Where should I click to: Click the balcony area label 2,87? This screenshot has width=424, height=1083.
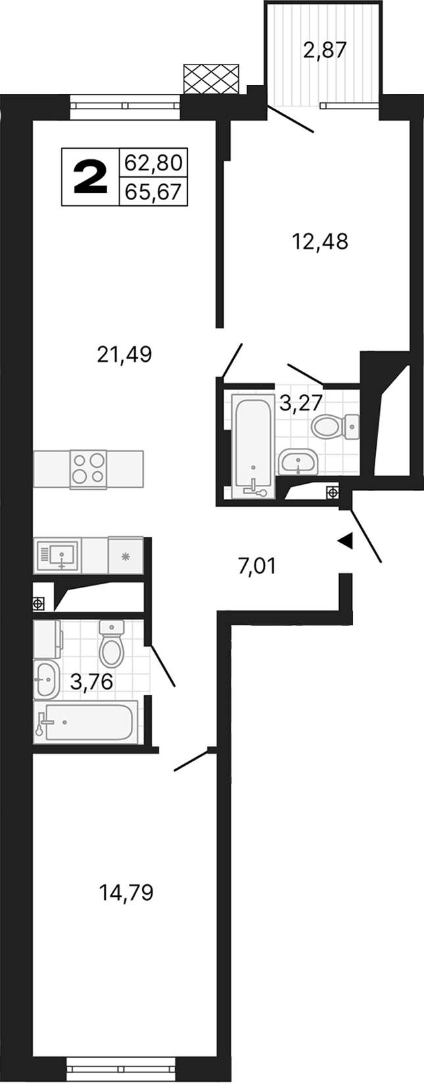point(324,50)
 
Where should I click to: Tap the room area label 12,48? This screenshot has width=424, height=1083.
point(319,242)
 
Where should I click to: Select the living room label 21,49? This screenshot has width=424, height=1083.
point(124,355)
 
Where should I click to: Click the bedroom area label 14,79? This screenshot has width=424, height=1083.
point(126,893)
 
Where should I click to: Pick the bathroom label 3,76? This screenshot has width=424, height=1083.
point(91,682)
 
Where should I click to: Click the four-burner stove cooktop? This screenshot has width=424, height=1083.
point(89,468)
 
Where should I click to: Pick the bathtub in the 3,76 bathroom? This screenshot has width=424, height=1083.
point(86,722)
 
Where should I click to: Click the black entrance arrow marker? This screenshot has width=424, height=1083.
point(345,541)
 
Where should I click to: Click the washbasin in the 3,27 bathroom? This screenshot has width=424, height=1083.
point(298,462)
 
